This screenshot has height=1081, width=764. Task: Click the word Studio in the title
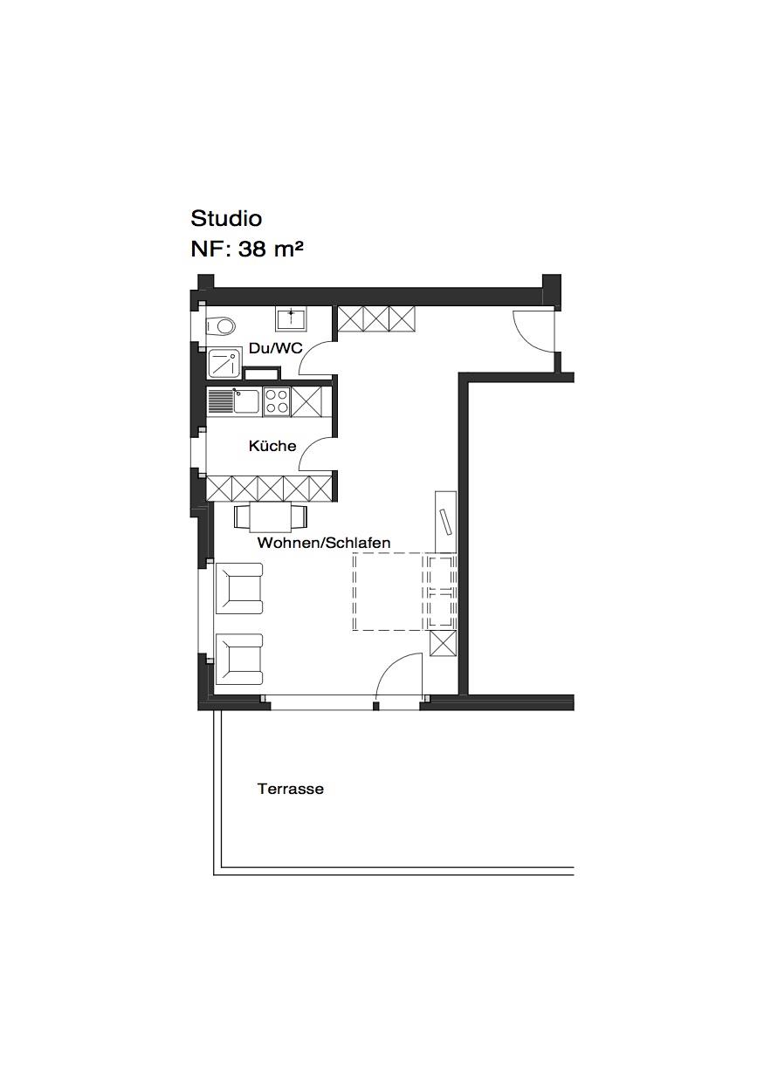(226, 219)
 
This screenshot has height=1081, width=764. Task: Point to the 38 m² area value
(271, 250)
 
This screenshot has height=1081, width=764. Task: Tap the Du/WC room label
(275, 348)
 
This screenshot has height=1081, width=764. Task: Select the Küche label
(272, 446)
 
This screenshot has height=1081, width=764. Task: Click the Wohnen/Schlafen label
(324, 543)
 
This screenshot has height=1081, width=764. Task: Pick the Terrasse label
(290, 789)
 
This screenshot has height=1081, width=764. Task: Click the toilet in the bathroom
(221, 326)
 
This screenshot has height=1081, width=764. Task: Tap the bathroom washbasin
(292, 318)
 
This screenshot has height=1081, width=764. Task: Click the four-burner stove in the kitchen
(277, 401)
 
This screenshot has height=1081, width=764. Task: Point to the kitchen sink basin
(246, 401)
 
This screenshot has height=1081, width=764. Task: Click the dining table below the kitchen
(271, 517)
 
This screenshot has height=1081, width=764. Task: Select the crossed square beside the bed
(443, 643)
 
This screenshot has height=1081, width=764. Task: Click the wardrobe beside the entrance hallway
(376, 318)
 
